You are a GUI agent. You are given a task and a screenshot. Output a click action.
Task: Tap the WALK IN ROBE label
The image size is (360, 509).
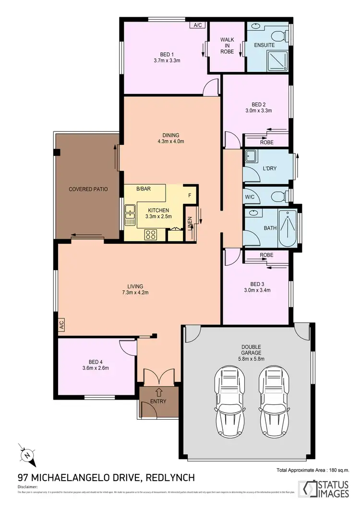point(227,46)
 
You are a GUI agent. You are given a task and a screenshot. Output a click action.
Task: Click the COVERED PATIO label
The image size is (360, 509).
point(88,189)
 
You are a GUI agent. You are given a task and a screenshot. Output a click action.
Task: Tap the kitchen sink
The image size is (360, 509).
point(130,214)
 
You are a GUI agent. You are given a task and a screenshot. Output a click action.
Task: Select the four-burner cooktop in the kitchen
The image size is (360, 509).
point(151,235)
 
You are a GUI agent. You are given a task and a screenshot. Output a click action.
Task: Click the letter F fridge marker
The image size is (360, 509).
point(190,195)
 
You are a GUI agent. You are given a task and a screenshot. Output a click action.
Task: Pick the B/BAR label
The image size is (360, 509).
point(143,189)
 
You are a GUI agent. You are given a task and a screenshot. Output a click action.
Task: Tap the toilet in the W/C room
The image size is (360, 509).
point(276,196)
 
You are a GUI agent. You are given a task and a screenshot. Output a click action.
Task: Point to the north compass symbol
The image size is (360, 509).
point(27,454)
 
